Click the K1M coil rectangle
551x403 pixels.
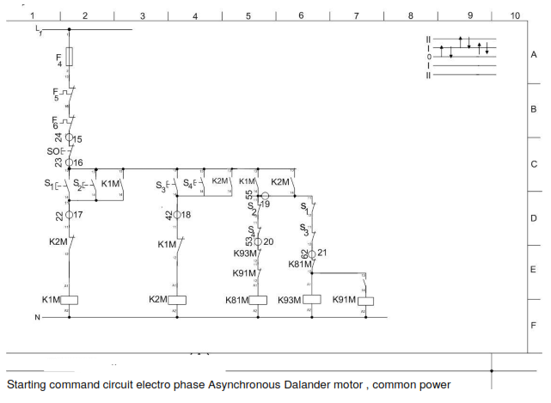70,300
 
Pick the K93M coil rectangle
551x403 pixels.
311,300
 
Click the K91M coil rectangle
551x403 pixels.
366,301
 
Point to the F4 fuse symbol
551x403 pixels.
70,57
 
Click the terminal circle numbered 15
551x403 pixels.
70,137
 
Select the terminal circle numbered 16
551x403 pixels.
70,162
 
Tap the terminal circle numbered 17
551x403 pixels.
70,215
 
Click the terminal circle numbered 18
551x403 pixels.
176,215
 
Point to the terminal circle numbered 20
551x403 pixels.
258,242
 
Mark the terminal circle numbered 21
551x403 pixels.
312,253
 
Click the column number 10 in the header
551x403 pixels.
514,15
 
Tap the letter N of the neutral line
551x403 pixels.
37,318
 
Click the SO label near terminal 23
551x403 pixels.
52,150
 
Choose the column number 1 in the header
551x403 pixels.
33,15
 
